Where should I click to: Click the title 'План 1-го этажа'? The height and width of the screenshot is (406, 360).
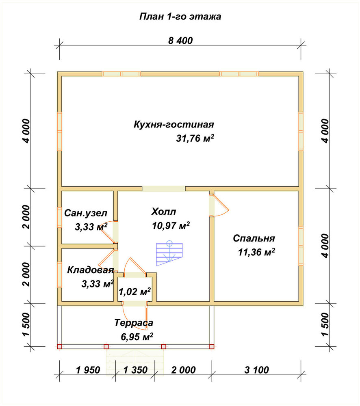180,17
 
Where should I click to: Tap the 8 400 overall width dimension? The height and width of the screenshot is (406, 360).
180,41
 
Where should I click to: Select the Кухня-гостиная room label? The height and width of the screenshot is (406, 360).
174,125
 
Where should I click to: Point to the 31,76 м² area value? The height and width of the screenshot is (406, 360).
195,138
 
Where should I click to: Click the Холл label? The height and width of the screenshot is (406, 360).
163,212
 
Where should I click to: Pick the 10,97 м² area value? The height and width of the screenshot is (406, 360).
171,225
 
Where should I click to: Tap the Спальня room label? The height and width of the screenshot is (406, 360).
254,238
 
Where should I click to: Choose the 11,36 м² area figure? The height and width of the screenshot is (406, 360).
256,252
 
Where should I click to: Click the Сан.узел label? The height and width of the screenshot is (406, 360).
85,213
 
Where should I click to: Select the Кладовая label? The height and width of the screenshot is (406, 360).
91,270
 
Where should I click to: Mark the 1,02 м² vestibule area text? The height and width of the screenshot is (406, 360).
135,292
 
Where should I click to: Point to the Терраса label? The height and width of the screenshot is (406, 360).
134,323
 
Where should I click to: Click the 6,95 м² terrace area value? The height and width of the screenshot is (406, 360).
137,337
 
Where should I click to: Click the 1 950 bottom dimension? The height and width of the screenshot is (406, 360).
88,370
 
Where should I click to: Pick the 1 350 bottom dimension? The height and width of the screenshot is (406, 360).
135,370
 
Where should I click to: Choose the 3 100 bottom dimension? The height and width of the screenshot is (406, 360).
256,370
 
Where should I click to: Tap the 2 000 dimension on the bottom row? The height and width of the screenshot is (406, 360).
183,370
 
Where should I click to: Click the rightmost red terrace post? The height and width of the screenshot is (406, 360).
212,346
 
